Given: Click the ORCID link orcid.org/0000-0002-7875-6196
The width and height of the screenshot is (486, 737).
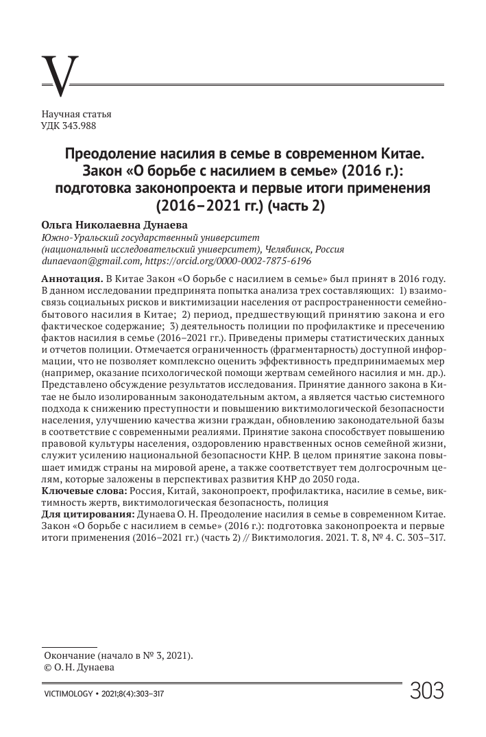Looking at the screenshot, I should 229,261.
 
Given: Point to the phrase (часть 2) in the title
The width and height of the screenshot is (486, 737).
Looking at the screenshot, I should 296,204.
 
